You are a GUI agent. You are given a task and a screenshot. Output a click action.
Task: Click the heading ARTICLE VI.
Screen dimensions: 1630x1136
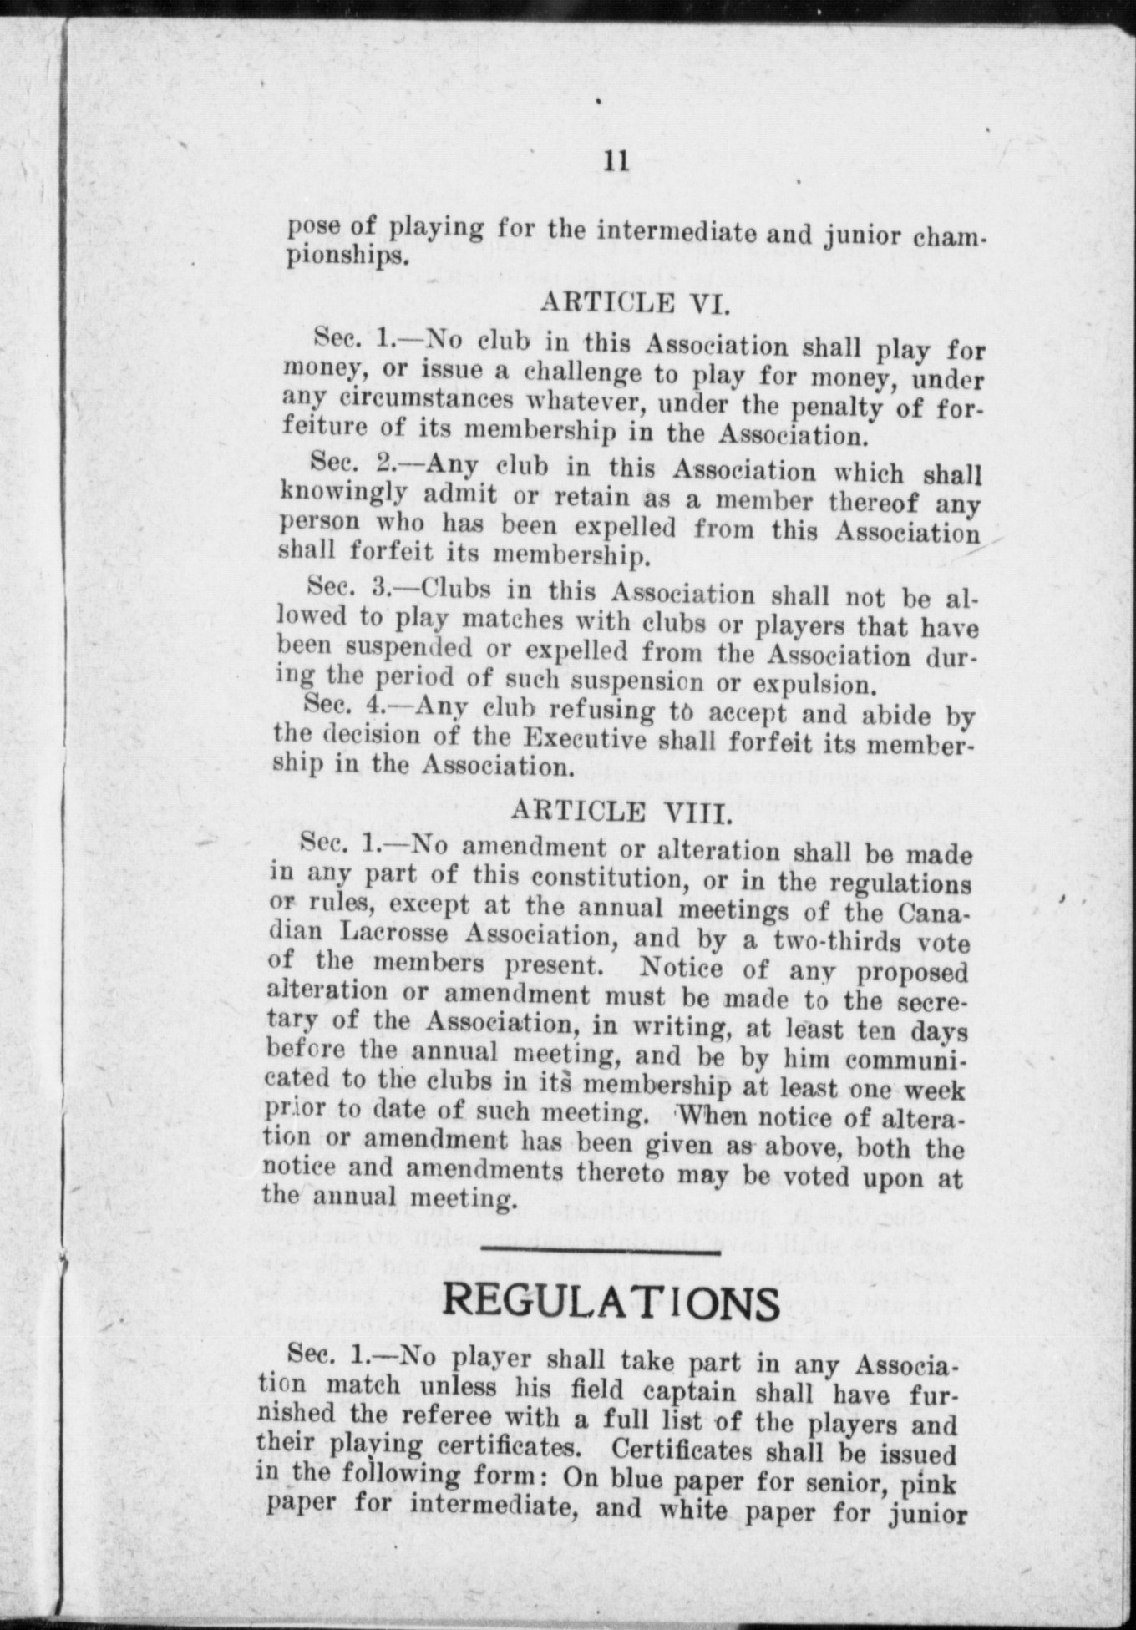click(636, 301)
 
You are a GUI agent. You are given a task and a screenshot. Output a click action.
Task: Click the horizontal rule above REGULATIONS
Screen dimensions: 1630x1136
click(601, 1252)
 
